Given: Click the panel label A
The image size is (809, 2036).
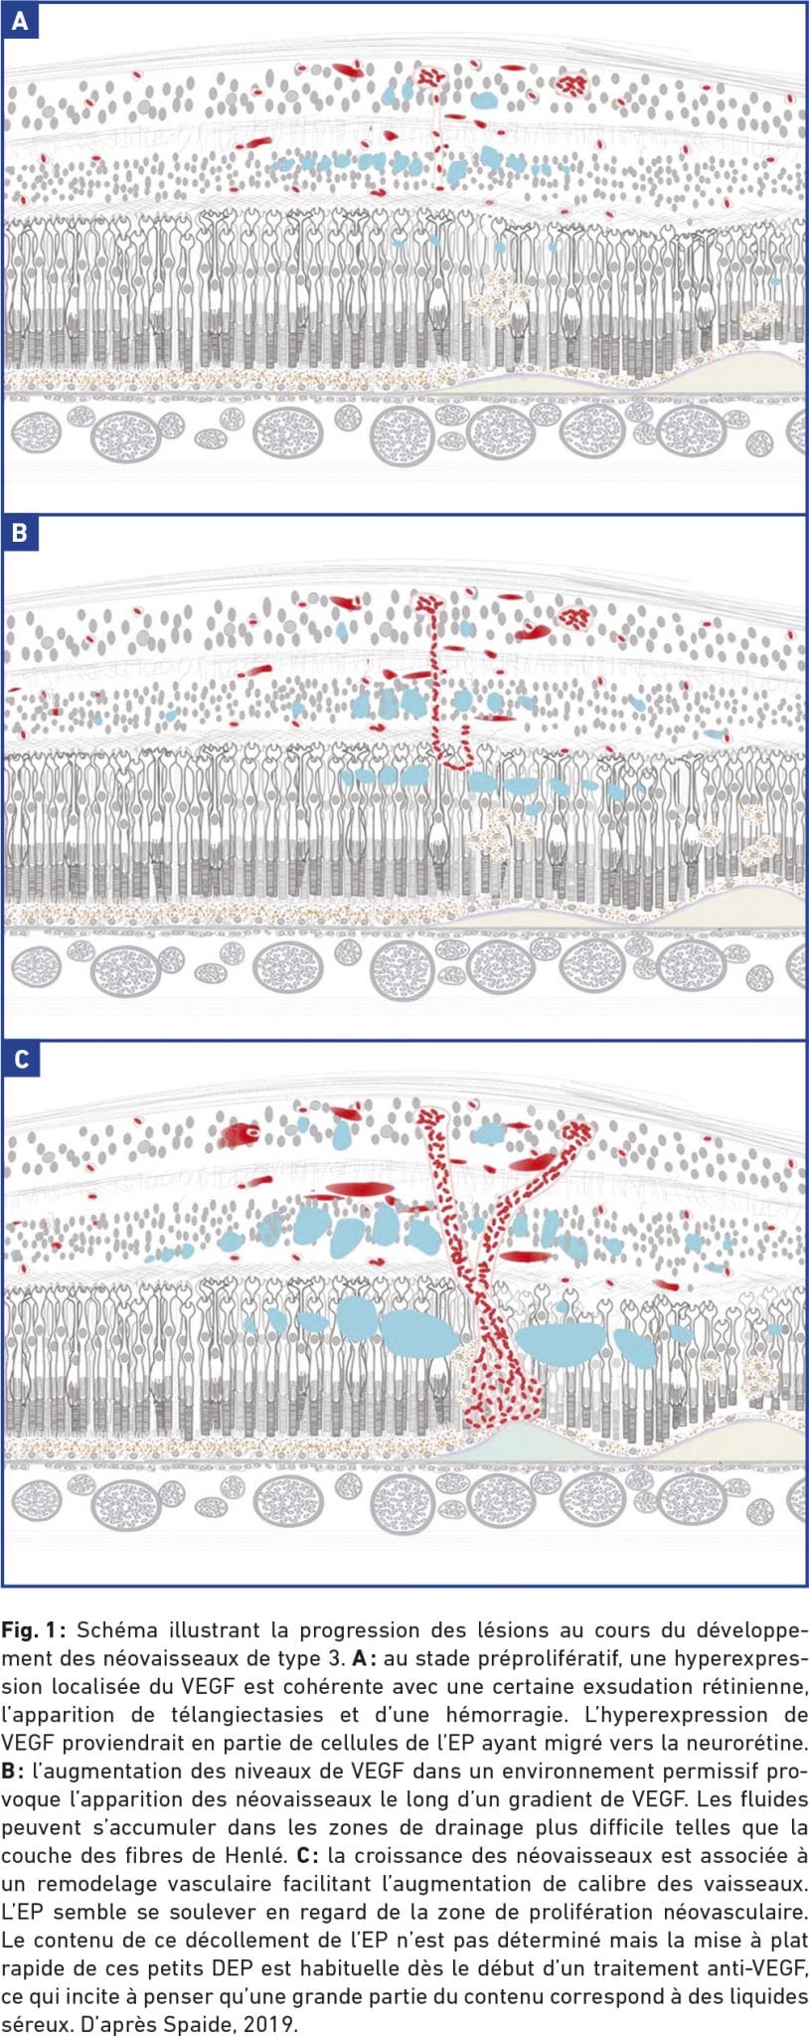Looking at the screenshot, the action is [20, 20].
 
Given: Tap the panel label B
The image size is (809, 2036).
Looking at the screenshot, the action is [20, 533].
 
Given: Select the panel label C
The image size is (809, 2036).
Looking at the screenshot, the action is [20, 1060].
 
